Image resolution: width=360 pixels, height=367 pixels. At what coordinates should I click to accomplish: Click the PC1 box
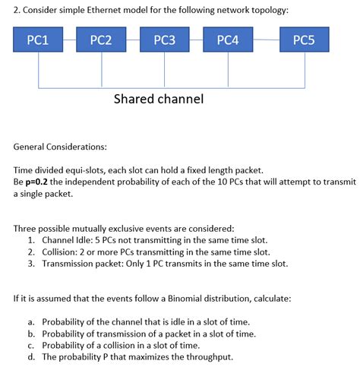pyautogui.click(x=38, y=41)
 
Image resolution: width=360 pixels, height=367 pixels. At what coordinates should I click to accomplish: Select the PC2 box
pyautogui.click(x=102, y=41)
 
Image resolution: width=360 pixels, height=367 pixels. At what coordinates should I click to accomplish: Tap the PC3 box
pyautogui.click(x=165, y=41)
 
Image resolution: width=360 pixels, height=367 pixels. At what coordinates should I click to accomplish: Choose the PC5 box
pyautogui.click(x=304, y=41)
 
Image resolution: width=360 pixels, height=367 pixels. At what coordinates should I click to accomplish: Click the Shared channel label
pyautogui.click(x=159, y=99)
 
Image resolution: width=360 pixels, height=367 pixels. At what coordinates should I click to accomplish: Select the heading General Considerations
pyautogui.click(x=60, y=145)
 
